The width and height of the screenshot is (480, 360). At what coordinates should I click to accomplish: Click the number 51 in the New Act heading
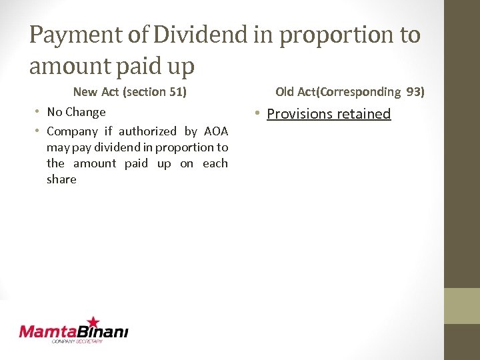(177, 91)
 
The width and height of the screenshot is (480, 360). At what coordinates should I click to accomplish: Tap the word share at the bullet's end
(61, 179)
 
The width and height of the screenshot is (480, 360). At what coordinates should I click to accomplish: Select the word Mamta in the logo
(47, 331)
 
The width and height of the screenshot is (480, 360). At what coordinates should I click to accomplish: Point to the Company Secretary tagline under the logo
(77, 341)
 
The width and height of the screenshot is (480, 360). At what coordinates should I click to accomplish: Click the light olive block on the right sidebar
(462, 306)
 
